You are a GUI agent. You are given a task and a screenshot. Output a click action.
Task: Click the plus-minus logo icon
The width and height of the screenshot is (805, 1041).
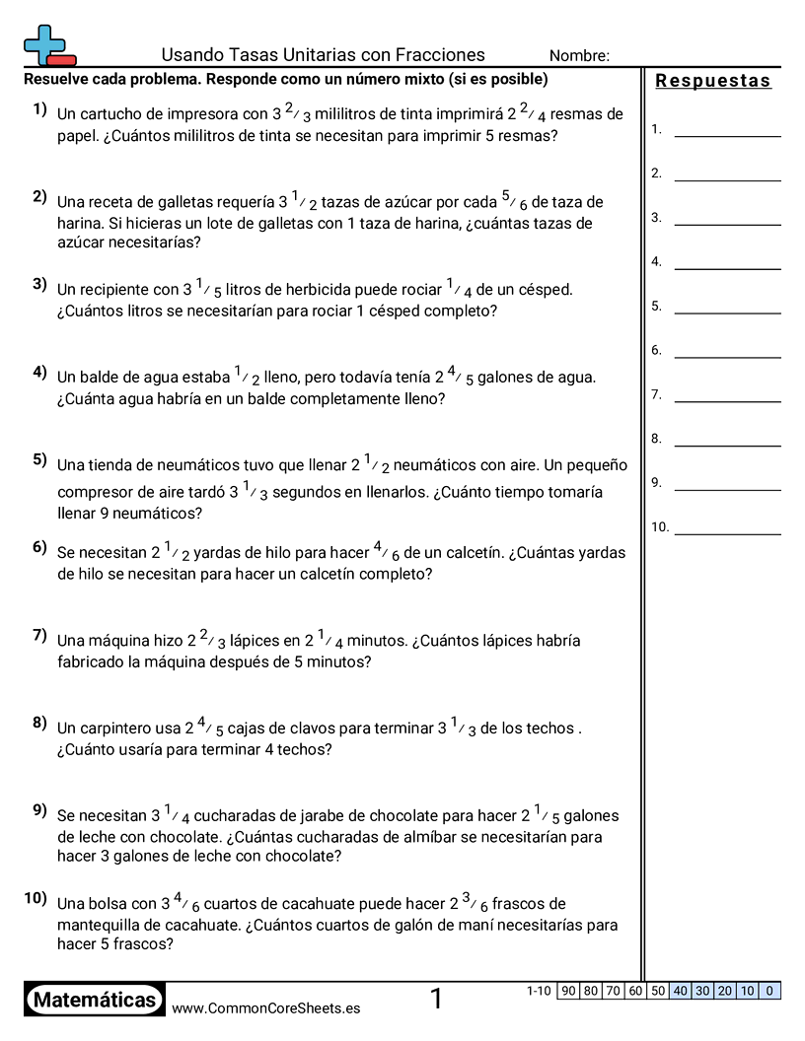pos(48,45)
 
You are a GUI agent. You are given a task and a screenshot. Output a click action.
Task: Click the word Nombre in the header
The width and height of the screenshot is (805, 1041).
pos(579,56)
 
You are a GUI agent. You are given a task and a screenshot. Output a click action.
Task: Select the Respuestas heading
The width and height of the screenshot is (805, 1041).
pos(713,81)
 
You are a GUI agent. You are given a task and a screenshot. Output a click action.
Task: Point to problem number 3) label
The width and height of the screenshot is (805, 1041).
pos(39,285)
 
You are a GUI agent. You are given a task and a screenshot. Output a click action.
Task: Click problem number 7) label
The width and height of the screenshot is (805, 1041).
pos(39,635)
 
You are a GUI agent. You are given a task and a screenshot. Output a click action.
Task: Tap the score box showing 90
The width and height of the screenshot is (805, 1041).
pos(568,991)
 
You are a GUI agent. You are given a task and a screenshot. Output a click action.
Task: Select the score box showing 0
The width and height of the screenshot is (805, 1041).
pos(770,991)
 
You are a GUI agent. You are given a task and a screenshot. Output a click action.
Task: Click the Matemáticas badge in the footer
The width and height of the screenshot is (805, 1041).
pos(95,1001)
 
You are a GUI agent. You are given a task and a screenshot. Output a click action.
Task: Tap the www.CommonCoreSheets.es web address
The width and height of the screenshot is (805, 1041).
pos(265,1008)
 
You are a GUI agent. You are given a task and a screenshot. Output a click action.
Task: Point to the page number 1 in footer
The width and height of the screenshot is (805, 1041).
pos(436,1000)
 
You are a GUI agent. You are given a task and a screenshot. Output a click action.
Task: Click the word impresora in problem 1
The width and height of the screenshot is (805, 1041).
pos(196,114)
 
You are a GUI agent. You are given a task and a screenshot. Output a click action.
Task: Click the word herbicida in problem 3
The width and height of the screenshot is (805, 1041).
pos(319,290)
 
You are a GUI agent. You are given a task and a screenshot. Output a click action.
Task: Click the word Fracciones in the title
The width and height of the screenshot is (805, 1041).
pos(440,55)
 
